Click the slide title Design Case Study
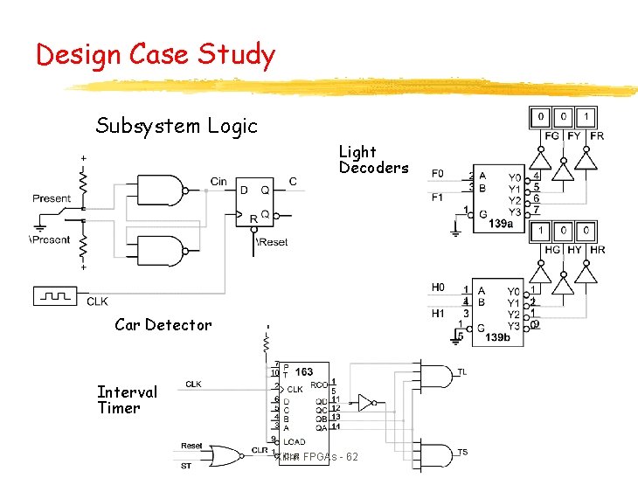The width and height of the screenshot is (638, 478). coord(156,55)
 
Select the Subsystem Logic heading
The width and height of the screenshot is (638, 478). coord(177,126)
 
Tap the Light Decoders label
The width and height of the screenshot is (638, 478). coord(373,160)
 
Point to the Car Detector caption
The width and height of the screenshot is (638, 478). coord(163,325)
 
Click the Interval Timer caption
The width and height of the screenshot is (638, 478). coord(128,400)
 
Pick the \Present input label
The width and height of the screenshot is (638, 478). coord(49,239)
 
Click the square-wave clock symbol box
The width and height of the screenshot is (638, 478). coord(57,296)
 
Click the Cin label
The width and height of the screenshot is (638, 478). coord(218,182)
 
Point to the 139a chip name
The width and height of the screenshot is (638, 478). coord(501,224)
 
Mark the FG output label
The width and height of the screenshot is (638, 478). coord(551,136)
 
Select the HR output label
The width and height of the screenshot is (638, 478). coord(598,250)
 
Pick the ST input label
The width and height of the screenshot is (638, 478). coord(186,466)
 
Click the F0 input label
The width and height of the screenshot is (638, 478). coord(438,174)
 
